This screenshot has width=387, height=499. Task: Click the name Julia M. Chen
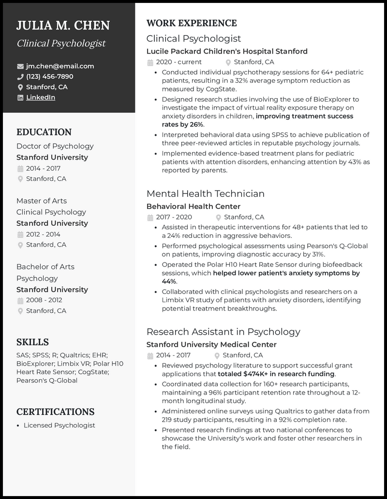pyautogui.click(x=63, y=25)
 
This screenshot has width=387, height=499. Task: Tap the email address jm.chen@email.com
pyautogui.click(x=60, y=66)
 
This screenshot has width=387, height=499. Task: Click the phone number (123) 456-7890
pyautogui.click(x=50, y=76)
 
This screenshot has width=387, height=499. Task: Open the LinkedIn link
pyautogui.click(x=41, y=97)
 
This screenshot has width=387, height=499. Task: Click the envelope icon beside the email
pyautogui.click(x=20, y=66)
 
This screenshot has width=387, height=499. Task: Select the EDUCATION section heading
pyautogui.click(x=44, y=132)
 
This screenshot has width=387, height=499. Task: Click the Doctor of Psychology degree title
pyautogui.click(x=55, y=146)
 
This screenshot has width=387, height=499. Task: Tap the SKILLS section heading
pyautogui.click(x=32, y=342)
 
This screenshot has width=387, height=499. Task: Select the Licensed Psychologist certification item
pyautogui.click(x=60, y=426)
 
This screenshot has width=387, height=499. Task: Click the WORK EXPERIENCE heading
pyautogui.click(x=192, y=23)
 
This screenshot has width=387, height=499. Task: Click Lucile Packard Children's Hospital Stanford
pyautogui.click(x=227, y=51)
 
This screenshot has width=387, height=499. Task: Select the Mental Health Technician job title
pyautogui.click(x=205, y=194)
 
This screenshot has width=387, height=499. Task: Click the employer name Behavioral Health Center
pyautogui.click(x=193, y=206)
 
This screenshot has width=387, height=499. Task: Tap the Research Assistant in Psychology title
pyautogui.click(x=223, y=332)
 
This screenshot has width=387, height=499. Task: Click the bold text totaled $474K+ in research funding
pyautogui.click(x=276, y=374)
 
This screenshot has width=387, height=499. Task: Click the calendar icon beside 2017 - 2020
pyautogui.click(x=150, y=217)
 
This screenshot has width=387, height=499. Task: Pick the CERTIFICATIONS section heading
pyautogui.click(x=55, y=412)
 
